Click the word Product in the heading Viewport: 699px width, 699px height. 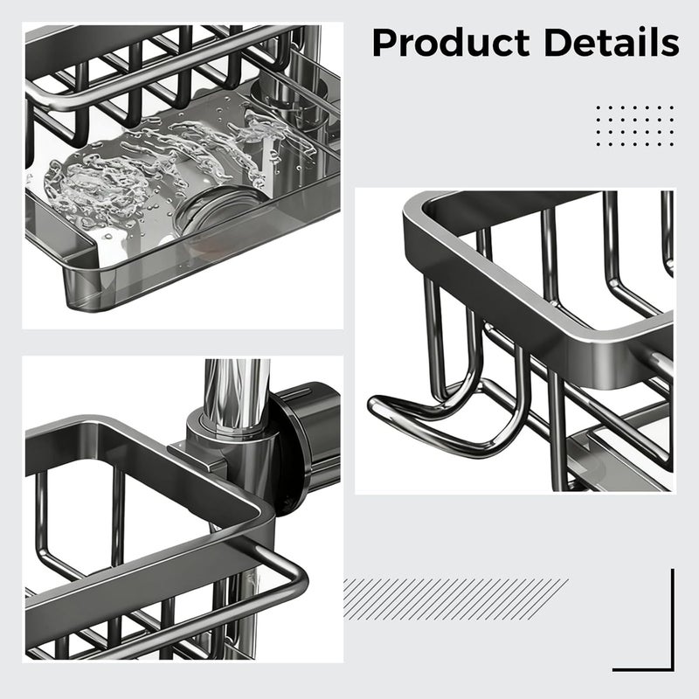coord(451,43)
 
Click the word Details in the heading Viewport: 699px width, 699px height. coord(612,42)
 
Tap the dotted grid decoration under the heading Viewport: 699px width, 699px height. coord(635,126)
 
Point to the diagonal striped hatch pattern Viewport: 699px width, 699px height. coord(455,599)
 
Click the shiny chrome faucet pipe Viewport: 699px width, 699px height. coord(237,392)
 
